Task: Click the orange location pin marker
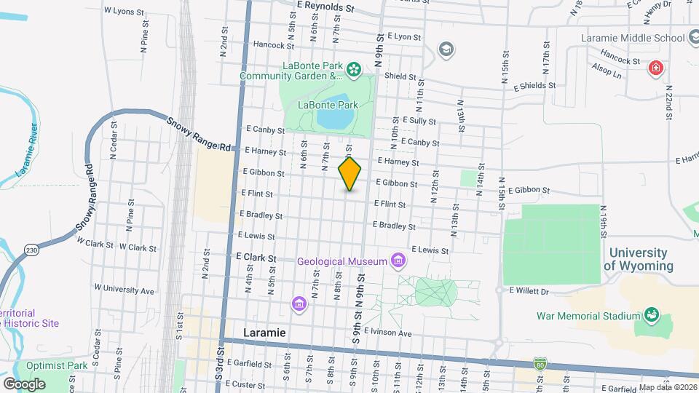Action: click(350, 174)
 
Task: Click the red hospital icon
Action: click(657, 68)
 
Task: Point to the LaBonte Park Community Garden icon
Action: click(354, 70)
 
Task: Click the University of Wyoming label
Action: click(639, 259)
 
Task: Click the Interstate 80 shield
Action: click(540, 362)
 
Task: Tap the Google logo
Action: click(24, 384)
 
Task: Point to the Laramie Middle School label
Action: click(633, 38)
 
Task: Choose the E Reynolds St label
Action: click(325, 7)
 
